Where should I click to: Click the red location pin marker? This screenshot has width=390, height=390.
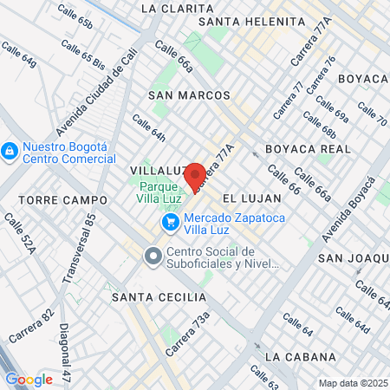pyautogui.click(x=195, y=175)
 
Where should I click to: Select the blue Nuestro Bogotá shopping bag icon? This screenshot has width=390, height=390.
pyautogui.click(x=10, y=152)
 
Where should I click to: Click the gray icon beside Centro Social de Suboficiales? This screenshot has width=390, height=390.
pyautogui.click(x=153, y=256)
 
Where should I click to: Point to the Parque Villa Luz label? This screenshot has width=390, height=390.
pyautogui.click(x=158, y=192)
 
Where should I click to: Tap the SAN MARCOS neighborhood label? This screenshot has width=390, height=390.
pyautogui.click(x=189, y=95)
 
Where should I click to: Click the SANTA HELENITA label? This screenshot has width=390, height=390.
pyautogui.click(x=242, y=21)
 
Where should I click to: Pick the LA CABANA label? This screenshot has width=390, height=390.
pyautogui.click(x=300, y=356)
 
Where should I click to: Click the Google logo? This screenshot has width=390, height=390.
pyautogui.click(x=29, y=380)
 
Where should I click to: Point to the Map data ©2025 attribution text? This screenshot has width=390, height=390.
pyautogui.click(x=351, y=383)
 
